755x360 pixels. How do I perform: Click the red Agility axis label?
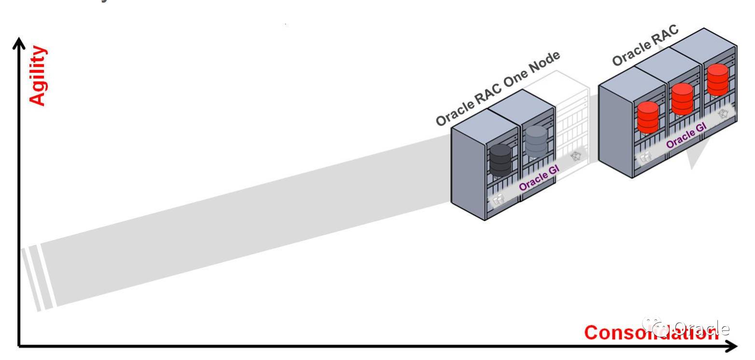pos(38,76)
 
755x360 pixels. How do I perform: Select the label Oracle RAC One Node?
pos(497,88)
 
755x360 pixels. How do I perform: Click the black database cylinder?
pos(500,160)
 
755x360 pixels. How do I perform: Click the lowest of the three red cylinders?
pos(648,117)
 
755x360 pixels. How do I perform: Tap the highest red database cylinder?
pos(718,79)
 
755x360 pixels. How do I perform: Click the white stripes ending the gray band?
pos(36,278)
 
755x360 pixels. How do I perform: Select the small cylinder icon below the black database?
pos(498,198)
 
